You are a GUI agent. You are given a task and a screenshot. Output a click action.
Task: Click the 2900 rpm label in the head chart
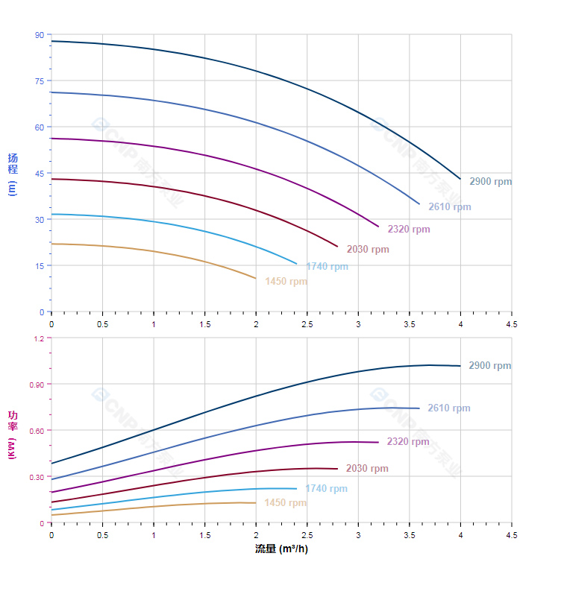tap(490, 181)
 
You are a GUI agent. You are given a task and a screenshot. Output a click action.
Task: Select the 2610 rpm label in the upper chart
tap(449, 206)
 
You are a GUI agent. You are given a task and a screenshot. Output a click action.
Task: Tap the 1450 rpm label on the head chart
tap(286, 282)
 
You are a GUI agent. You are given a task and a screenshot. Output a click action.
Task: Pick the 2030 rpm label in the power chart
tap(367, 469)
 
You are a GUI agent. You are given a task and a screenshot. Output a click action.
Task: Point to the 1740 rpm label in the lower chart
tap(326, 489)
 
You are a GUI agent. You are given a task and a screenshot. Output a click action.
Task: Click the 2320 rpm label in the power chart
tap(408, 442)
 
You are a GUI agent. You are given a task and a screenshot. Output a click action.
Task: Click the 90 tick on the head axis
tap(39, 35)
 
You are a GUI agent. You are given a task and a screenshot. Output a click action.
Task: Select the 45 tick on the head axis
tap(39, 174)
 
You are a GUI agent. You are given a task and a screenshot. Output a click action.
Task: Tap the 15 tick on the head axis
tap(39, 266)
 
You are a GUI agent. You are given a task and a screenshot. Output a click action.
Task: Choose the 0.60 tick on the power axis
tap(37, 431)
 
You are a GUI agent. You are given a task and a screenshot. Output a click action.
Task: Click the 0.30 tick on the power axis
tap(37, 477)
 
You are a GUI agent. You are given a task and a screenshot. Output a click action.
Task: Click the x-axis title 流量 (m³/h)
tap(281, 549)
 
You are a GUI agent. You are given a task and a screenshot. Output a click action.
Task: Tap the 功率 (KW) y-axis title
tap(12, 434)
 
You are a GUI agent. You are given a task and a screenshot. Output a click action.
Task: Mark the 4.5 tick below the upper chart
tap(512, 324)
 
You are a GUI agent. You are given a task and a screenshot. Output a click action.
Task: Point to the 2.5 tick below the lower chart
tap(307, 535)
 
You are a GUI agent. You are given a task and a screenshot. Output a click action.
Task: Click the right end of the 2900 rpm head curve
tap(460, 179)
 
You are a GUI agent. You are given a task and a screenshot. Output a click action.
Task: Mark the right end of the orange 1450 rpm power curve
tap(256, 502)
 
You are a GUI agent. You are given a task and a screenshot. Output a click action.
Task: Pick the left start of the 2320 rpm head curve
tap(51, 139)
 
